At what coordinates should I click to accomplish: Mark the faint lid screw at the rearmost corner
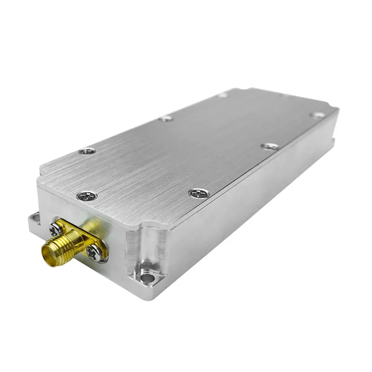click(223, 95)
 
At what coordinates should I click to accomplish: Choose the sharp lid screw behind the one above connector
click(88, 151)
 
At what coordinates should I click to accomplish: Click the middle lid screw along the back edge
click(166, 119)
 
